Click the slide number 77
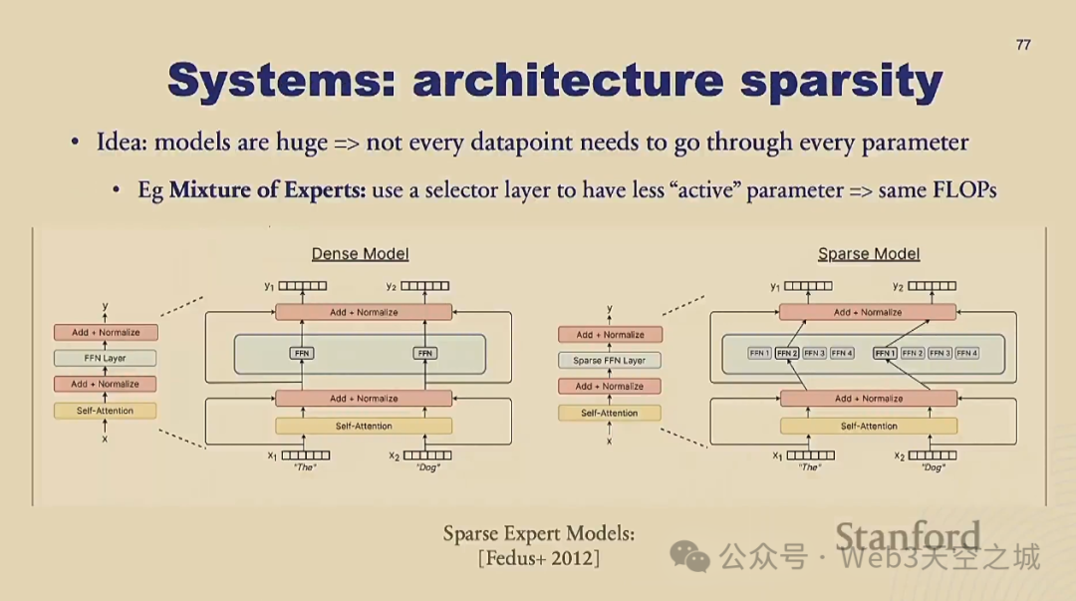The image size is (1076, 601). point(1023,45)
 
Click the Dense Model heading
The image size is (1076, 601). point(360,254)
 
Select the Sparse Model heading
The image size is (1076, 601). point(869,254)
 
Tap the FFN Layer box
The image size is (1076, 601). point(106,358)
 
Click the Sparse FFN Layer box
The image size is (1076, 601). point(609,360)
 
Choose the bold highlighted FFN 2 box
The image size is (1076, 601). point(787,353)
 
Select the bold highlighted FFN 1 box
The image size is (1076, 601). point(884,353)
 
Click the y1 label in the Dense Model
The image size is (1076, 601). point(269,287)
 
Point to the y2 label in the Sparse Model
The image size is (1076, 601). point(898,287)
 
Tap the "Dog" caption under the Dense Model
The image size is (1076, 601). point(427,467)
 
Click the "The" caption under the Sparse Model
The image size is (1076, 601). point(810,467)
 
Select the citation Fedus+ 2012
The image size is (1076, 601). point(539,558)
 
